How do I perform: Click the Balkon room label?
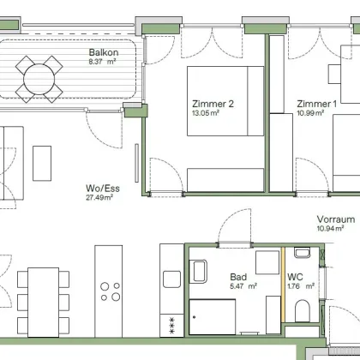(104, 52)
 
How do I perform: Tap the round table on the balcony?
(39, 79)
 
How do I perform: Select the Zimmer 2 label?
(213, 104)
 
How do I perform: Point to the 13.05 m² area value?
(206, 113)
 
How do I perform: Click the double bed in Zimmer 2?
(225, 101)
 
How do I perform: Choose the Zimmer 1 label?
(317, 104)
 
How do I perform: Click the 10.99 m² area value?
(310, 113)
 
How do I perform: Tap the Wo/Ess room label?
(103, 189)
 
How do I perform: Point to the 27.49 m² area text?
(99, 197)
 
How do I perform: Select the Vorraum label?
(336, 219)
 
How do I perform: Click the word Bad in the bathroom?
(238, 277)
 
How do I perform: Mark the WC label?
(295, 277)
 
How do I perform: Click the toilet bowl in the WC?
(303, 310)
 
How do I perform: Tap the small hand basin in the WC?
(303, 253)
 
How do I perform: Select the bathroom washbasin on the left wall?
(200, 271)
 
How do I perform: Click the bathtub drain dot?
(195, 317)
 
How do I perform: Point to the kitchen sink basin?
(171, 279)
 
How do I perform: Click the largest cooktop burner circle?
(116, 297)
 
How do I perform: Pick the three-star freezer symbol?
(171, 326)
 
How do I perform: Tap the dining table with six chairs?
(44, 303)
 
